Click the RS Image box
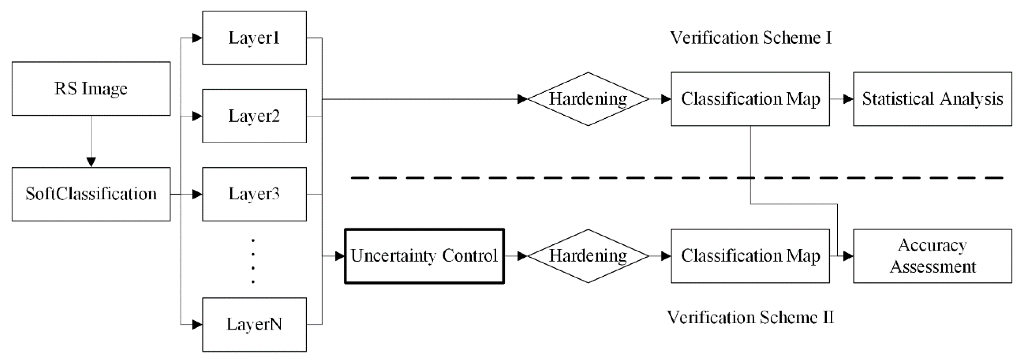click(91, 89)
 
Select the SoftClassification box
click(91, 194)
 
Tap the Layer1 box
click(254, 38)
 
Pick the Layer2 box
click(254, 116)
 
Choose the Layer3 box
click(254, 194)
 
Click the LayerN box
click(254, 324)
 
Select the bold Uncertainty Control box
click(424, 256)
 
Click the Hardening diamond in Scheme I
click(588, 99)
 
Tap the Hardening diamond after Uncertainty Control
click(588, 256)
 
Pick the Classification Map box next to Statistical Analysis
click(750, 99)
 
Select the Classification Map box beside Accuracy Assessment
click(750, 256)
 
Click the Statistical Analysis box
click(932, 99)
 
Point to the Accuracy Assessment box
click(932, 256)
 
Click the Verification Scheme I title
click(751, 38)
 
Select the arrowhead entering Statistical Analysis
click(848, 99)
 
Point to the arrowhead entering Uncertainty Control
click(339, 256)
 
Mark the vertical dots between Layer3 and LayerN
click(253, 261)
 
